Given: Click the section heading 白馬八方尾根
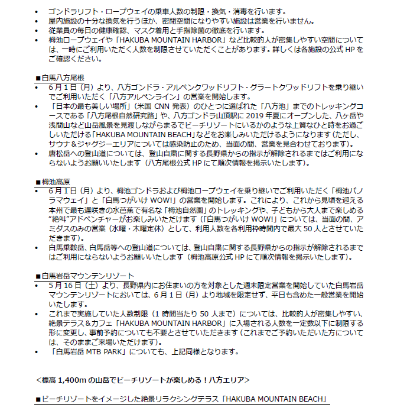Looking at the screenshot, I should click(x=63, y=77).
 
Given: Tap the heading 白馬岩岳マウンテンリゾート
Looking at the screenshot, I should click(x=87, y=275).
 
